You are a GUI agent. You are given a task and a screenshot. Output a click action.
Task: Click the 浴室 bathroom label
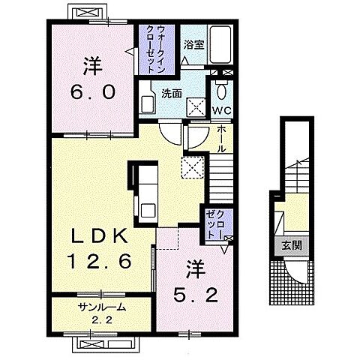pos(194,45)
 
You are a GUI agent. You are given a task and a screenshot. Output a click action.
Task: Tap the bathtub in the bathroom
pos(220,44)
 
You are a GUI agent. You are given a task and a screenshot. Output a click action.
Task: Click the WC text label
pos(222,110)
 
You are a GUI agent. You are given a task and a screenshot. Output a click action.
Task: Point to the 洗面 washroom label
pos(171,94)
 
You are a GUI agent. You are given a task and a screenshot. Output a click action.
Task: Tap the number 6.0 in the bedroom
pos(93,91)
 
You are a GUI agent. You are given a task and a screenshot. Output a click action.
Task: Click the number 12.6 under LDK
pos(100,261)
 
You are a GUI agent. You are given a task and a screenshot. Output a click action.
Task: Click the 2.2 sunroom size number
pos(101,320)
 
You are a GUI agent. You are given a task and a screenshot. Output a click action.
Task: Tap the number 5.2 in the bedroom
pos(196,295)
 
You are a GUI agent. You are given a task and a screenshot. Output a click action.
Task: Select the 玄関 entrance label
pos(292,245)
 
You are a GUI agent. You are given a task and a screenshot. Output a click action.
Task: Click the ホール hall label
pos(221,139)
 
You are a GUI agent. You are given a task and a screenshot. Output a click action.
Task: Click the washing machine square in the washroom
pos(196,107)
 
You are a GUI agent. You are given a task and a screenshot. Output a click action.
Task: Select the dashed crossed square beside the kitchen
pos(192,167)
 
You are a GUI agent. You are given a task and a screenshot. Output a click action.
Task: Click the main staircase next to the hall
pos(221,178)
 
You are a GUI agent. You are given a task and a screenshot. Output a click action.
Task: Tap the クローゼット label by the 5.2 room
pos(215,224)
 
